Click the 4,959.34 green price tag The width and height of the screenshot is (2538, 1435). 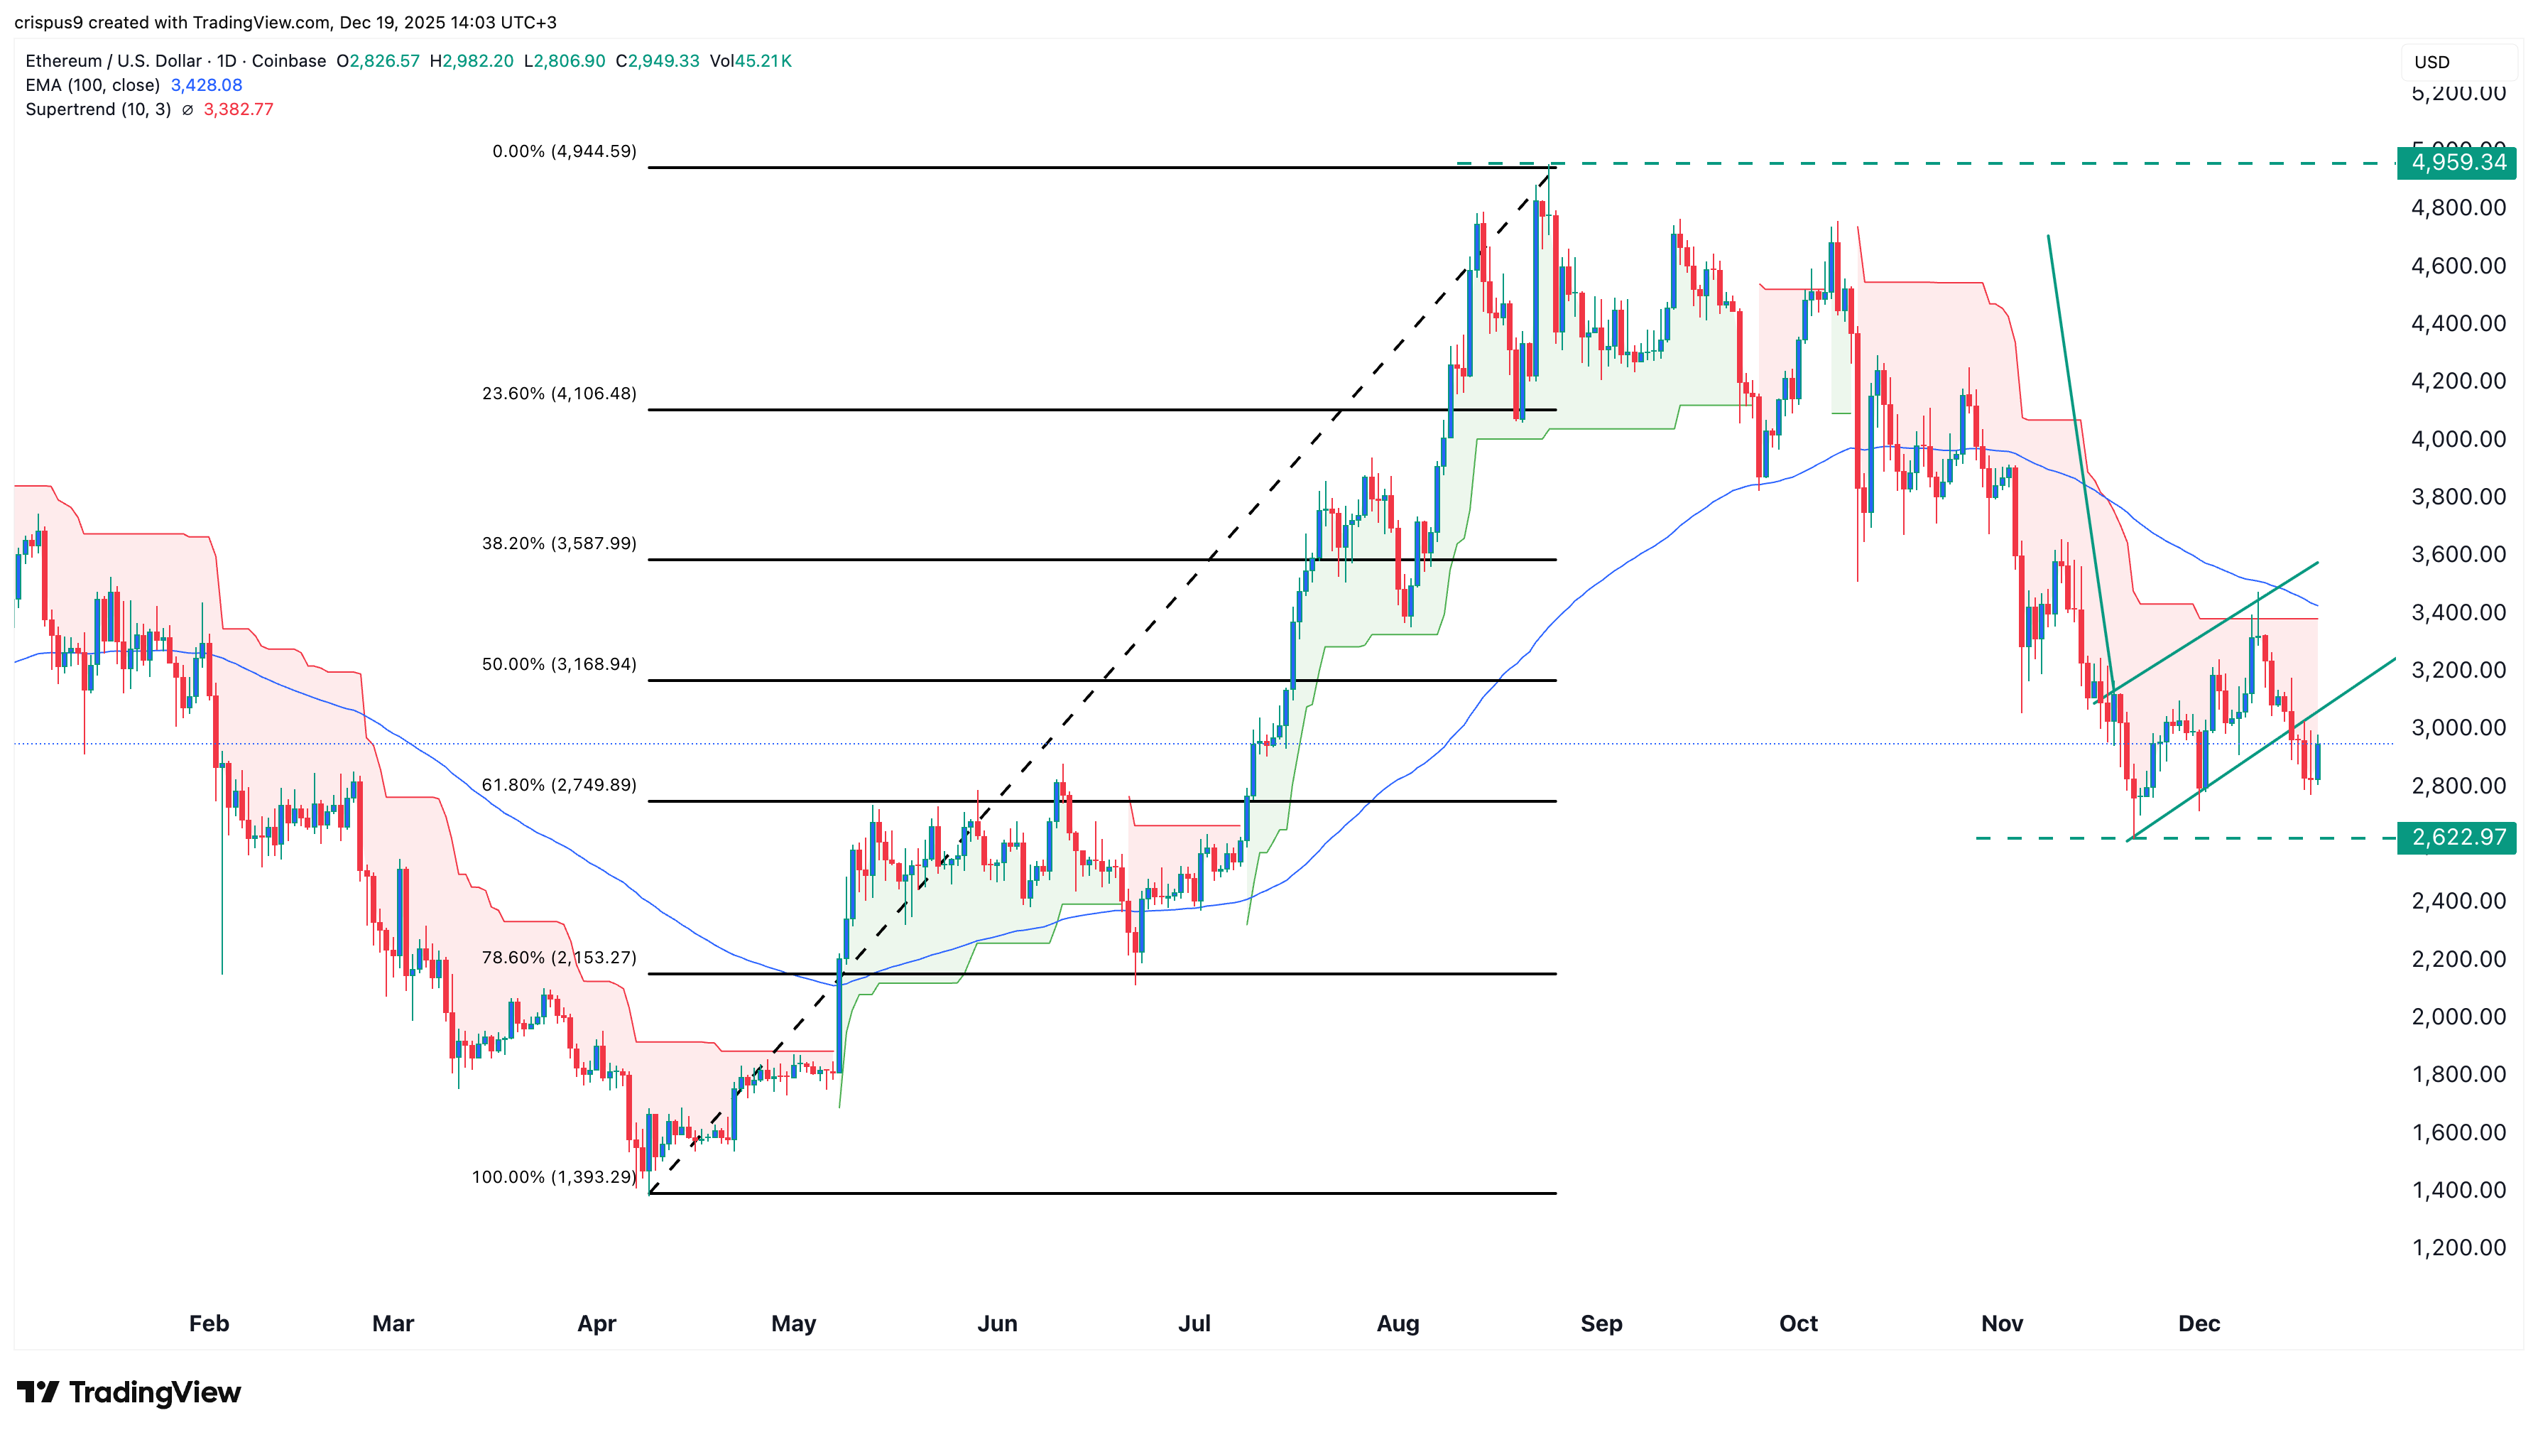coord(2456,163)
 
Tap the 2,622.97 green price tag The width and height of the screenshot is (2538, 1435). coord(2456,838)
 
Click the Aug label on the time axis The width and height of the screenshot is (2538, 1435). coord(1397,1323)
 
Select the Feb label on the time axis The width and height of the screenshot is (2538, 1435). coord(209,1323)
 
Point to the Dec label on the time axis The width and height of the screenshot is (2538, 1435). coord(2198,1323)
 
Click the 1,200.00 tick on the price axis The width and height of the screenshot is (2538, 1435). coord(2457,1247)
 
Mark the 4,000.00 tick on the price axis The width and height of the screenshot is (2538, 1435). coord(2457,438)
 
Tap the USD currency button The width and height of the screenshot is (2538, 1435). coord(2431,62)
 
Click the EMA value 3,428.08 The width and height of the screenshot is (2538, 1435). coord(206,85)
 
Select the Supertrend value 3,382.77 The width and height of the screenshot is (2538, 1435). coord(239,109)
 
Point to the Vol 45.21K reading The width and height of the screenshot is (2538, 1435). coord(751,61)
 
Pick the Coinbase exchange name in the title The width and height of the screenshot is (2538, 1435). coord(289,61)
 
